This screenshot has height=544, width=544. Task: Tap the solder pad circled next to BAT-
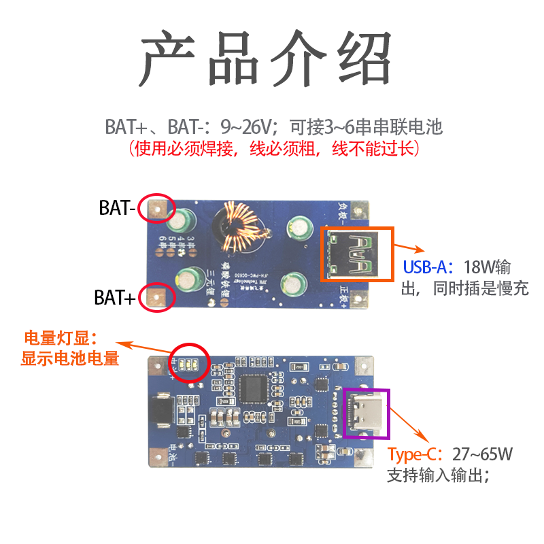(x=157, y=209)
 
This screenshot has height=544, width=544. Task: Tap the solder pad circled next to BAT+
(x=157, y=297)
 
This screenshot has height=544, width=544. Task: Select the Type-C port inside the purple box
(x=366, y=411)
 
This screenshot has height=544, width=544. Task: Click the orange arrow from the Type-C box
(x=410, y=424)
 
